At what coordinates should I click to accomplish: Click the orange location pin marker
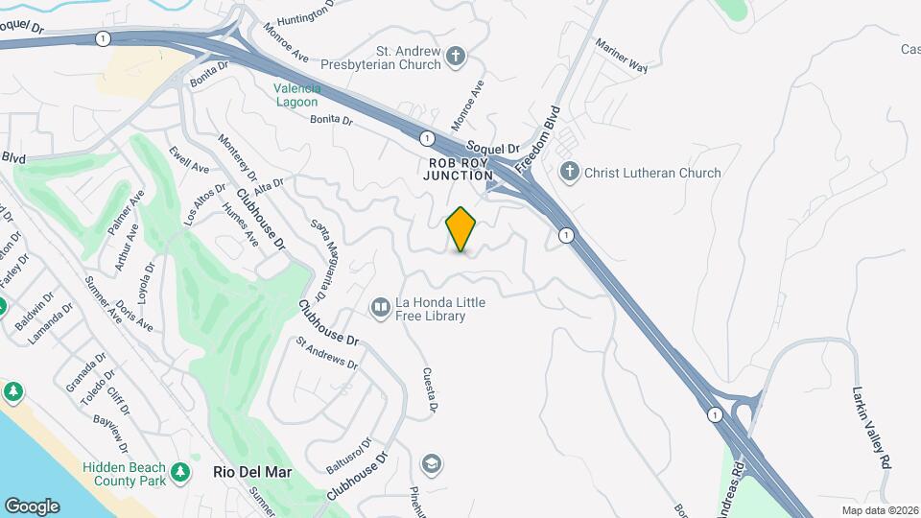pos(461,229)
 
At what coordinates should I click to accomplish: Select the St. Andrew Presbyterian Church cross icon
pos(457,58)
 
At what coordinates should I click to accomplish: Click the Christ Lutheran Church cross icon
pos(570,173)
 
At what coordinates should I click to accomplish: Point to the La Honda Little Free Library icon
pos(381,307)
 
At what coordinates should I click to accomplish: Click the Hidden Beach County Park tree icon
pos(180,472)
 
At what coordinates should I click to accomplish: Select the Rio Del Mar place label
pos(252,473)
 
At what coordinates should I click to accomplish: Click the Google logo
pos(32,506)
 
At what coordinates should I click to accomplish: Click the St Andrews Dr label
pos(326,353)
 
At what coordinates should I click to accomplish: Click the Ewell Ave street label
pos(188,161)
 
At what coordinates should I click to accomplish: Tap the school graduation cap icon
pos(432,464)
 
